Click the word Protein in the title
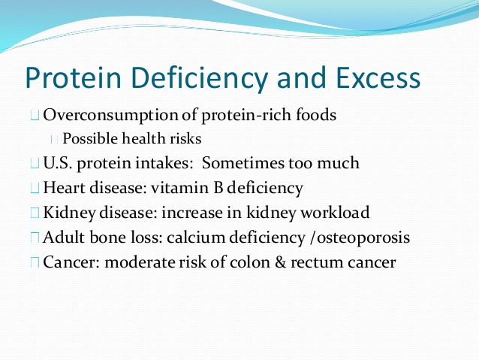coord(74,77)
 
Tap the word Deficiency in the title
coord(199,78)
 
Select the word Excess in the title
coord(378,77)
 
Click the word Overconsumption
coord(110,115)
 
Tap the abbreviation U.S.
coord(58,162)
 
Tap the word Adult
coord(64,237)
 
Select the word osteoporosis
coord(363,238)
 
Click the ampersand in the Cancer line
coord(280,262)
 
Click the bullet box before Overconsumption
coord(35,116)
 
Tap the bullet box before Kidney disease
coord(35,213)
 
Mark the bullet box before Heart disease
coord(35,188)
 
